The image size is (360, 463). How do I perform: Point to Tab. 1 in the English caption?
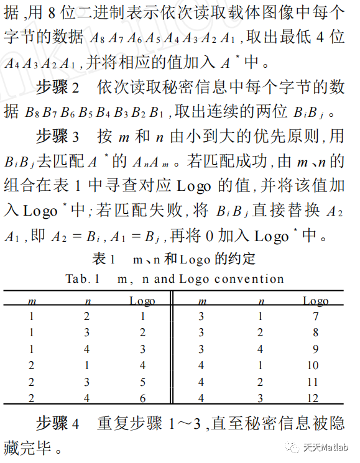click(x=81, y=278)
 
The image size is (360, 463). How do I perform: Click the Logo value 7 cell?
click(x=315, y=317)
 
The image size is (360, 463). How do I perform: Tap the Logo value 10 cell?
click(x=315, y=365)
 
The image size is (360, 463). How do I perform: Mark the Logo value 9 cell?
click(x=315, y=349)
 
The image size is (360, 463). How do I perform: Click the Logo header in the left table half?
click(x=142, y=301)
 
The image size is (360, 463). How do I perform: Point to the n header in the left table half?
click(x=87, y=301)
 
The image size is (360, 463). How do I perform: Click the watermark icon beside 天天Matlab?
click(x=292, y=447)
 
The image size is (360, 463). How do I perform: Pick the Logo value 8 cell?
click(x=315, y=333)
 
